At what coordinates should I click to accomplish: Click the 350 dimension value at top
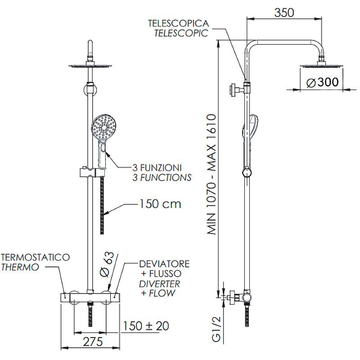point(284,13)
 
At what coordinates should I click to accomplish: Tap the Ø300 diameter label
point(322,82)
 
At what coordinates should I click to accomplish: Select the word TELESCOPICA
point(178,23)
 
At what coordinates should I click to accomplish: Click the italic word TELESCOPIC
point(181,33)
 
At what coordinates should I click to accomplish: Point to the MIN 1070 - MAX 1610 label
point(211,174)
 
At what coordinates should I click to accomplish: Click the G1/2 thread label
point(216,329)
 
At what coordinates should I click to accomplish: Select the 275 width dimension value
point(93,342)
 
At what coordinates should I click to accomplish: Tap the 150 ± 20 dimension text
point(146,326)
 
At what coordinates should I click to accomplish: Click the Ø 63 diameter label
point(107,265)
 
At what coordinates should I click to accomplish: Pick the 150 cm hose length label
point(160,204)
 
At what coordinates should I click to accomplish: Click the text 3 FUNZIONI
point(157,168)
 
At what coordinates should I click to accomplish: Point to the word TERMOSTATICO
point(36,257)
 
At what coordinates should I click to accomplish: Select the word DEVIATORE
point(164,264)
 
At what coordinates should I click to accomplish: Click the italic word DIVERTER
point(159,284)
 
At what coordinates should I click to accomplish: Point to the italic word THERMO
point(20,267)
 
